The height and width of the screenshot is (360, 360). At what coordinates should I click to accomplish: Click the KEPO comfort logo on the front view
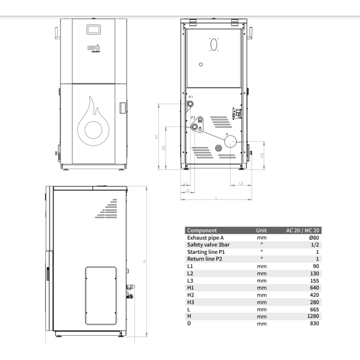(94, 48)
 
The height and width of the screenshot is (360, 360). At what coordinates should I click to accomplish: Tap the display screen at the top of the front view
(94, 29)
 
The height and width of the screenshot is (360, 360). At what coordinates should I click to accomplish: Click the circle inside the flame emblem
(93, 130)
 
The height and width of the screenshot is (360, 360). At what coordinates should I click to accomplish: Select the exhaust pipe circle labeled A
(230, 141)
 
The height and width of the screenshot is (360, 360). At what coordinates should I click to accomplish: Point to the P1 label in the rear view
(191, 97)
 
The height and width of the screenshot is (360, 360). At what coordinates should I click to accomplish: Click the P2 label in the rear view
(193, 118)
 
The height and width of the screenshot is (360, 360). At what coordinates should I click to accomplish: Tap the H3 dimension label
(262, 155)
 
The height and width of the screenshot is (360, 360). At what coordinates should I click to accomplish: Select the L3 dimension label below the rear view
(241, 183)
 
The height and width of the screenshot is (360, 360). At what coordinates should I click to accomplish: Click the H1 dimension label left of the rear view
(157, 137)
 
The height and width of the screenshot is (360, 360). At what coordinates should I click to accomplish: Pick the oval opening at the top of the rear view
(214, 45)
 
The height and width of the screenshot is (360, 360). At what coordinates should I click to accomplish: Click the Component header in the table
(202, 230)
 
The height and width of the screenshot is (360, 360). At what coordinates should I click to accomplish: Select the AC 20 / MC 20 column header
(302, 230)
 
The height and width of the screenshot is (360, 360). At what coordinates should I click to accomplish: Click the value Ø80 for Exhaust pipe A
(314, 238)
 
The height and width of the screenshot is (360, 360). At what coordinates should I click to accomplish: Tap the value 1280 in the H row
(313, 316)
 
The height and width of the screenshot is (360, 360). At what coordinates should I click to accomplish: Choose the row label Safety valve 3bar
(208, 245)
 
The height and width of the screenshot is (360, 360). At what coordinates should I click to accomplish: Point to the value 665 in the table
(315, 309)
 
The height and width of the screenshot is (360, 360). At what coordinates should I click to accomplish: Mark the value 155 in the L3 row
(315, 280)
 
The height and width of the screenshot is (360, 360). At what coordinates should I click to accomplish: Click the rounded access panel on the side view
(101, 296)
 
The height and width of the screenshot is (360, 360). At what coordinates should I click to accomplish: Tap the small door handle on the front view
(123, 108)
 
